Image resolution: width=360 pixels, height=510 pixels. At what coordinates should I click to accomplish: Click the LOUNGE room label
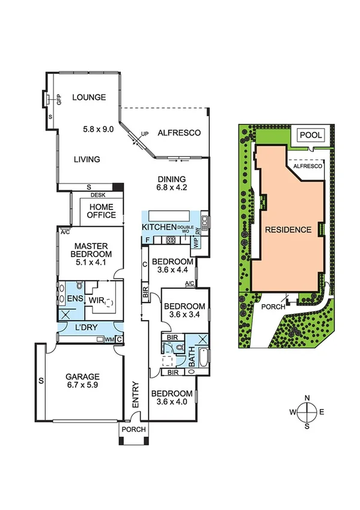click(x=89, y=97)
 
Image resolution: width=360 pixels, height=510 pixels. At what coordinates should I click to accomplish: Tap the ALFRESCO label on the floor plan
click(x=178, y=133)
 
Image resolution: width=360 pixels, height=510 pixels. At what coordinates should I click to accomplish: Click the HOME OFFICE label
click(x=101, y=210)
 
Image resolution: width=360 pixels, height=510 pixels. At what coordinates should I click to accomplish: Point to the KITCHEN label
click(x=159, y=227)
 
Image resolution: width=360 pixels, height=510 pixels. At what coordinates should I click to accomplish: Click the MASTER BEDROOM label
click(x=90, y=251)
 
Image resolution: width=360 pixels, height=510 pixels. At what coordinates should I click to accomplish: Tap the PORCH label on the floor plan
click(x=133, y=431)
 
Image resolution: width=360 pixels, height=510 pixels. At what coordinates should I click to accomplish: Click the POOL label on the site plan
click(x=310, y=135)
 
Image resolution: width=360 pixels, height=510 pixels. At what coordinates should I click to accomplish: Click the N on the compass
click(x=307, y=398)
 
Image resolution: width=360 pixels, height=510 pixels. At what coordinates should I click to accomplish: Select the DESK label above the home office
click(x=97, y=195)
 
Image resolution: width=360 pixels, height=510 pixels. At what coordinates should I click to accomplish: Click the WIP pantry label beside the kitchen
click(x=195, y=243)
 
